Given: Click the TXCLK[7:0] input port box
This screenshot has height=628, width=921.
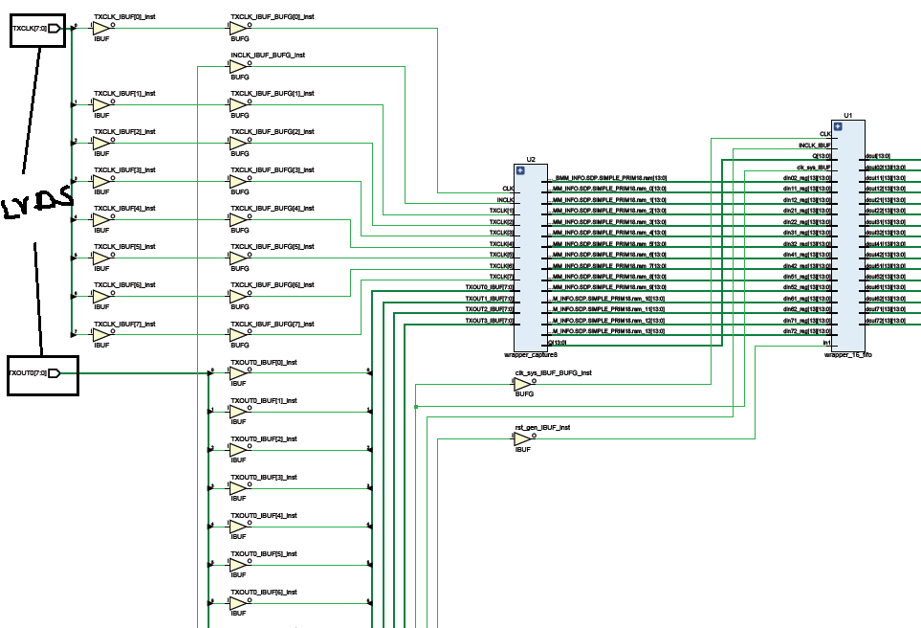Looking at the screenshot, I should point(37,30).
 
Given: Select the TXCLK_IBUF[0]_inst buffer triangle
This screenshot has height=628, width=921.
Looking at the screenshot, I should point(101,29).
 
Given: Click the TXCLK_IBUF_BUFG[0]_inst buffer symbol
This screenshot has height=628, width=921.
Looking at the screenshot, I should point(238,29).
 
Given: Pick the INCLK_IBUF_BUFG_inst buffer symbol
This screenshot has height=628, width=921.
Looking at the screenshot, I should point(238,67).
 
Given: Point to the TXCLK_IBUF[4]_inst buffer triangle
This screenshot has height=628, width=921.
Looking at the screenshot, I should point(101,220).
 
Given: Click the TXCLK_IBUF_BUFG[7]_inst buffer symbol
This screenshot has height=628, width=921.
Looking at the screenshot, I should point(238,335).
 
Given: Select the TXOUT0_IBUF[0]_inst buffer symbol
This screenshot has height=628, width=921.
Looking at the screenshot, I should point(238,373).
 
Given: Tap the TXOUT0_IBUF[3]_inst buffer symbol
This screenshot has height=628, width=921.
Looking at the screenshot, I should point(238,488).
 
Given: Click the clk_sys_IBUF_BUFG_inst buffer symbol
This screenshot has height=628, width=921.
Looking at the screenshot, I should point(523,384).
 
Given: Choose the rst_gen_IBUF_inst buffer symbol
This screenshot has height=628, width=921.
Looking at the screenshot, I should point(523,438).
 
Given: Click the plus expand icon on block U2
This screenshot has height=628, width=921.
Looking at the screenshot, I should point(521,170).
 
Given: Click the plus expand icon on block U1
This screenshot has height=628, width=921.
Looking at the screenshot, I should point(838,126).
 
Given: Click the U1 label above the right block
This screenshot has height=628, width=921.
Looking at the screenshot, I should point(848,115).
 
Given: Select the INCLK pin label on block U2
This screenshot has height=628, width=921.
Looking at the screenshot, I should point(506,199).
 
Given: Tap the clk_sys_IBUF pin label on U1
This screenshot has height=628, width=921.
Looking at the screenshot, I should point(814,167).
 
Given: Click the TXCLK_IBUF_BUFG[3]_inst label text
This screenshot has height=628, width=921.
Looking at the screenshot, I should point(273,170).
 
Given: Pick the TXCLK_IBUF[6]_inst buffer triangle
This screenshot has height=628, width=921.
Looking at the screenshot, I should point(101,297).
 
